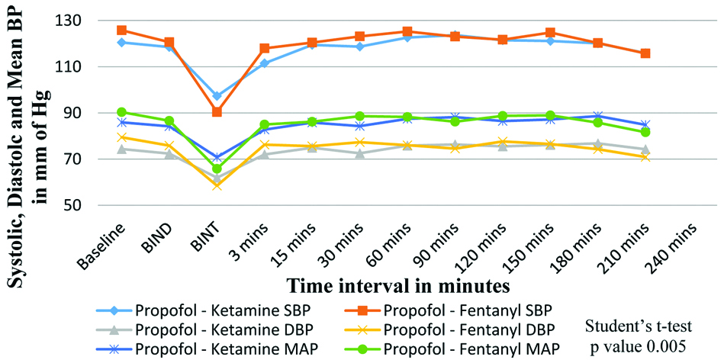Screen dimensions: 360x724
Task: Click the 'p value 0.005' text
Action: click(x=640, y=344)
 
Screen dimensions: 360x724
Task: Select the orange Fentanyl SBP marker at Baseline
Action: click(x=121, y=31)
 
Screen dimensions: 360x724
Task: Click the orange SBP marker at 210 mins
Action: click(x=645, y=53)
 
